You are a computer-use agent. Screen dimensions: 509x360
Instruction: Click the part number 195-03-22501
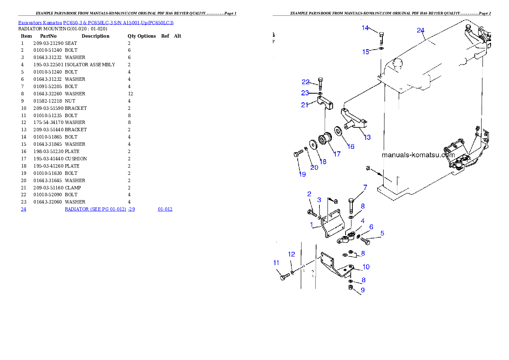[x=48, y=65]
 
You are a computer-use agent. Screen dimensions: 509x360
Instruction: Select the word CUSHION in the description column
[x=76, y=159]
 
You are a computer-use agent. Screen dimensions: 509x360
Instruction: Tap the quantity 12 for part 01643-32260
[x=130, y=94]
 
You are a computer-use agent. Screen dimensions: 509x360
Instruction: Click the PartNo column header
[x=48, y=36]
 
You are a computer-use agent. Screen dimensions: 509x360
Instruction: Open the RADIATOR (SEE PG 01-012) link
[x=95, y=210]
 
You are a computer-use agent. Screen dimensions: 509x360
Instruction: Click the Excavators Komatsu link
[x=40, y=23]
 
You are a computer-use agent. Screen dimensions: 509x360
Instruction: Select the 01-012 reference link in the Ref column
[x=165, y=210]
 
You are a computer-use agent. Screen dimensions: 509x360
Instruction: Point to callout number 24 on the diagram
[x=421, y=30]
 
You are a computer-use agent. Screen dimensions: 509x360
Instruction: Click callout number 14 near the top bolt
[x=365, y=28]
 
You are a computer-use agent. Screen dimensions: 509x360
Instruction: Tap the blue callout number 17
[x=337, y=154]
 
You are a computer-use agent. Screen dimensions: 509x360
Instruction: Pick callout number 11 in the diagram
[x=276, y=263]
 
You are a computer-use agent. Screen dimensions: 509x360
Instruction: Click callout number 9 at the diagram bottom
[x=363, y=290]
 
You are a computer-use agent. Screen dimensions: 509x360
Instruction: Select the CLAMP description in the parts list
[x=73, y=188]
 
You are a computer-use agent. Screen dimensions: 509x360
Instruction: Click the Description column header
[x=95, y=36]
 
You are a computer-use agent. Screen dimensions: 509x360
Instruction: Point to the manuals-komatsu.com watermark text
[x=418, y=155]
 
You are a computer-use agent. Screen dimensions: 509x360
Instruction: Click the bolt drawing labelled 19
[x=298, y=154]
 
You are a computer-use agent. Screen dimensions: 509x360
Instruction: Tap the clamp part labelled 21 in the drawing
[x=325, y=103]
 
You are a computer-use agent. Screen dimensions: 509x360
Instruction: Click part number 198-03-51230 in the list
[x=48, y=152]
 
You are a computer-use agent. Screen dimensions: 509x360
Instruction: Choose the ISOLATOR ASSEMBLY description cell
[x=90, y=65]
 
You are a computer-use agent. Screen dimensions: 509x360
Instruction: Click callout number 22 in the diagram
[x=305, y=82]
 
